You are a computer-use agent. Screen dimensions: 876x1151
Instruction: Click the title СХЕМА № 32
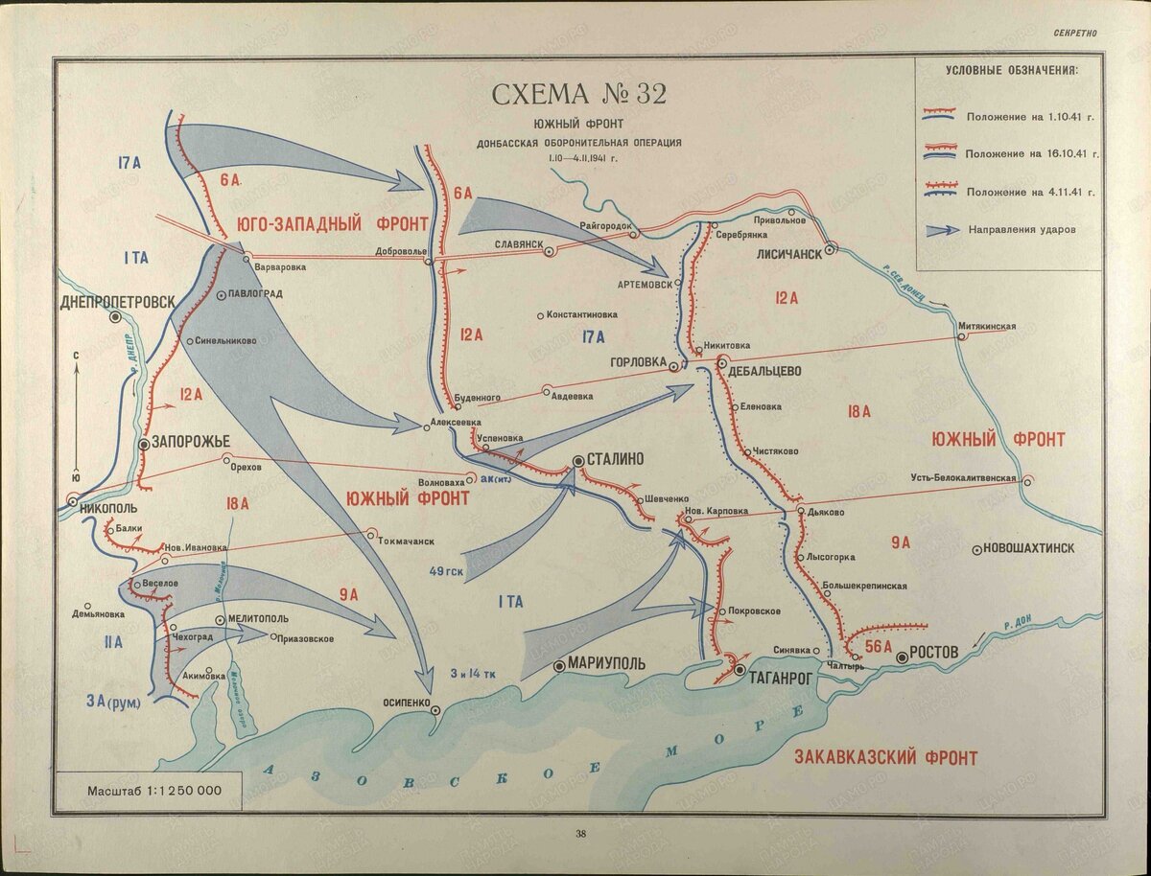click(x=578, y=95)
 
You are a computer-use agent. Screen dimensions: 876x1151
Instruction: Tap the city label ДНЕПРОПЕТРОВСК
click(x=117, y=301)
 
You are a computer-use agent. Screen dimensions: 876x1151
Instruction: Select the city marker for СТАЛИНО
click(x=578, y=461)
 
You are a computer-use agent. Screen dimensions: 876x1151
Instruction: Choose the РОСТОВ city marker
click(x=902, y=658)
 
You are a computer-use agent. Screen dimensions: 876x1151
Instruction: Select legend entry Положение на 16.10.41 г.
click(x=1031, y=153)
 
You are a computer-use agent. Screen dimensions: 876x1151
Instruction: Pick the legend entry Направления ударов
click(x=1022, y=229)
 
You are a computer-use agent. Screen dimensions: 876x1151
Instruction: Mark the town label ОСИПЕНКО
click(x=408, y=702)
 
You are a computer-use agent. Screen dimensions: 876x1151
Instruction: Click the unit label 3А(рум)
click(x=111, y=703)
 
